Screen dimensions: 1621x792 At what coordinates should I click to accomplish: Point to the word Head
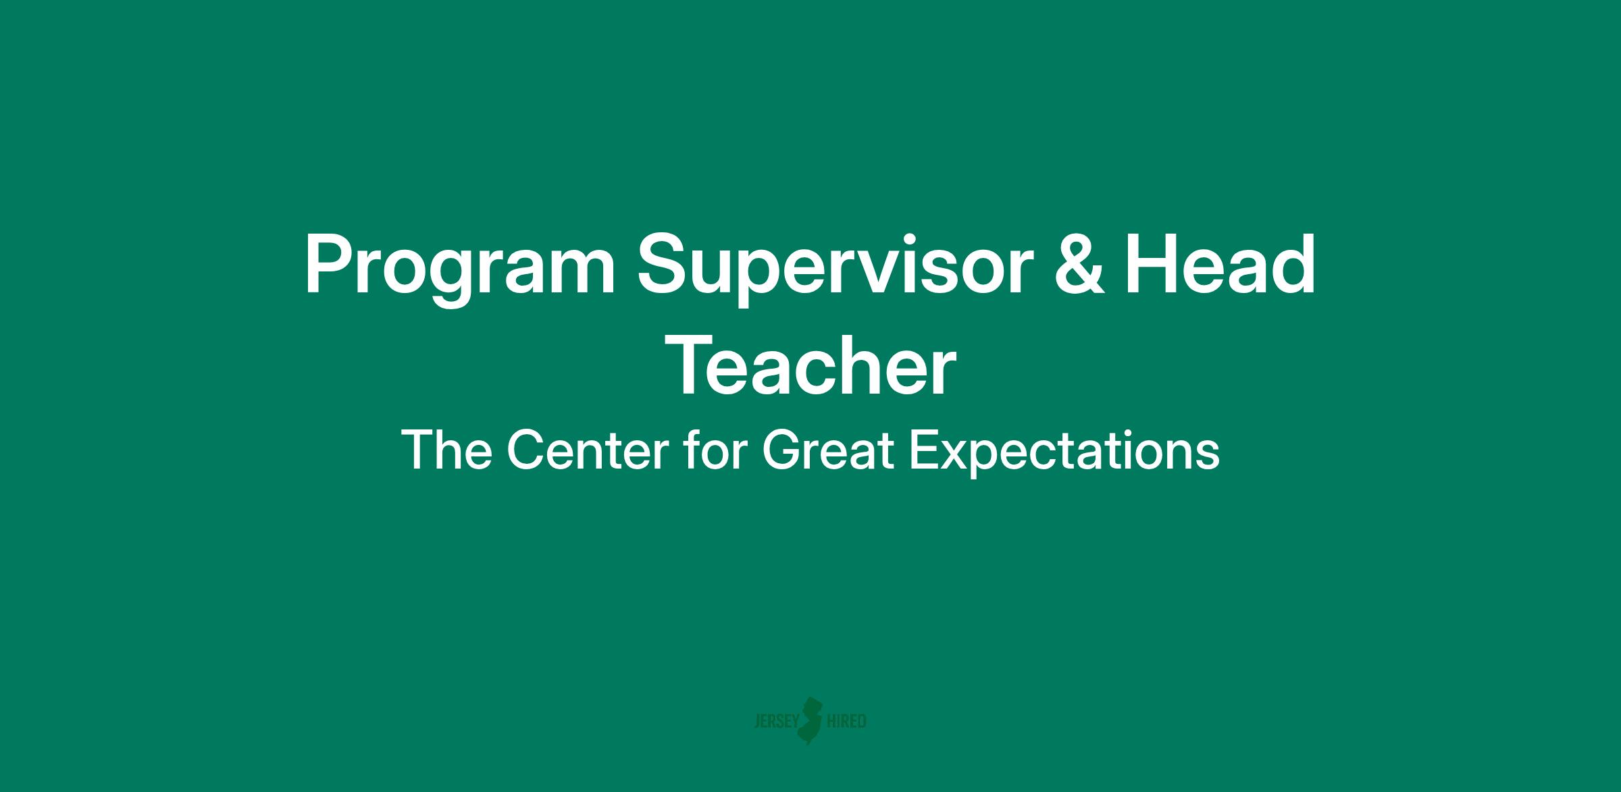point(1220,264)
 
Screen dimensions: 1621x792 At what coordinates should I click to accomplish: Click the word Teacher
point(815,368)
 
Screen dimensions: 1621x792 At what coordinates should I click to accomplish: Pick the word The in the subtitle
point(446,450)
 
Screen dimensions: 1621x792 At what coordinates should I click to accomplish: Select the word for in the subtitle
point(715,450)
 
